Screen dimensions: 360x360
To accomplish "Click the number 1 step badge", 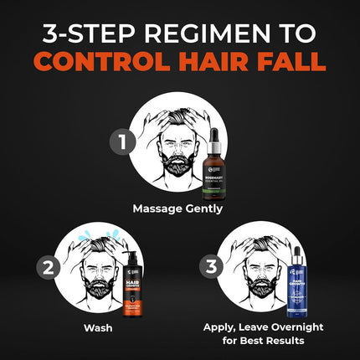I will tap(124, 142).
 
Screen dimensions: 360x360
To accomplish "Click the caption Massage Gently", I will tap(181, 208).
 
